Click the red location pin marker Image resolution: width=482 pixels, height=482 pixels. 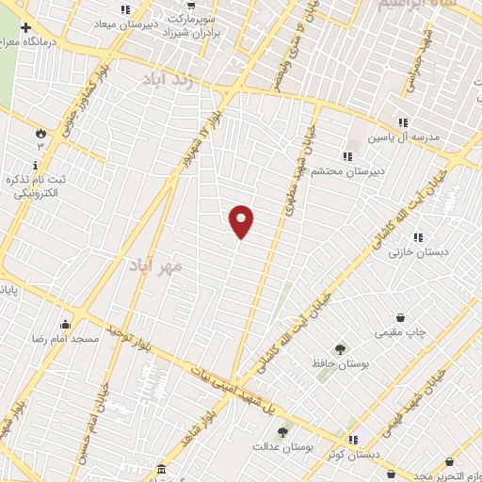point(242,221)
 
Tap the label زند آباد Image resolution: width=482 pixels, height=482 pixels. point(168,80)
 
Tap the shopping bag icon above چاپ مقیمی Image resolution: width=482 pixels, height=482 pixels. point(403,317)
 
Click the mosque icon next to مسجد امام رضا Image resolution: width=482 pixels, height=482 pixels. point(63,324)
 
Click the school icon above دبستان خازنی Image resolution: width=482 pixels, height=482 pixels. point(417,237)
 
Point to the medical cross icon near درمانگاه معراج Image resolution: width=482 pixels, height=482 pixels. point(25,28)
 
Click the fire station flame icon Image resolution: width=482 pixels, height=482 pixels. point(40,131)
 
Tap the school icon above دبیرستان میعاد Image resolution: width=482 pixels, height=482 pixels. point(126,10)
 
